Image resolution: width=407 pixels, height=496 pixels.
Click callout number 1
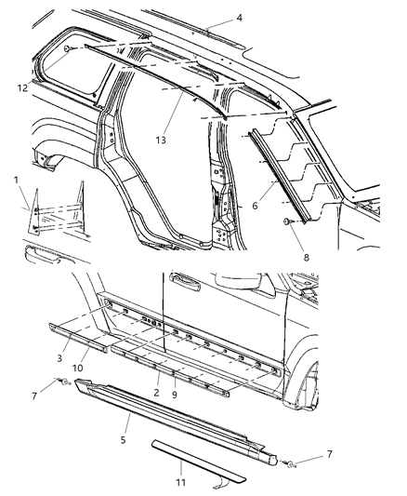point(16,179)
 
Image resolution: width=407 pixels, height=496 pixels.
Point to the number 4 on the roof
point(213,18)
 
